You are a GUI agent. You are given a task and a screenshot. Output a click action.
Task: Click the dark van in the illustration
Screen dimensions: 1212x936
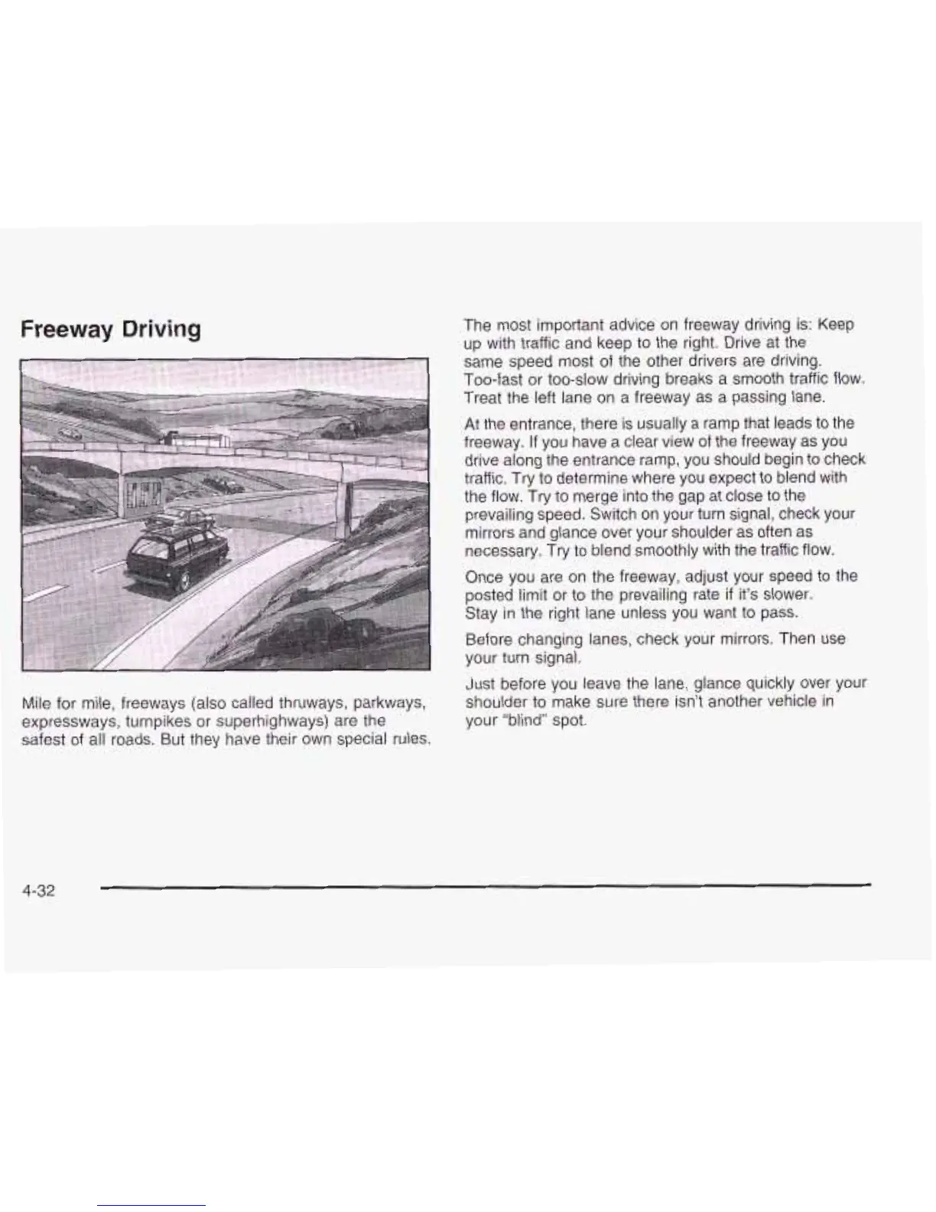coord(177,552)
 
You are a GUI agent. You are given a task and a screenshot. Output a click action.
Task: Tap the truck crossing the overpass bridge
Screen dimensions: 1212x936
coord(199,440)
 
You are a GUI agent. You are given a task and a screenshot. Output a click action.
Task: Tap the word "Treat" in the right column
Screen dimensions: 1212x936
coord(483,397)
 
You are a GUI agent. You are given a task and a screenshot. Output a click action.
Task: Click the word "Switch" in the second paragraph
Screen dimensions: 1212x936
coord(634,514)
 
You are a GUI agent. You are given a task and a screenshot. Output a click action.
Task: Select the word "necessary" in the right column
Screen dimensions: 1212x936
coord(496,551)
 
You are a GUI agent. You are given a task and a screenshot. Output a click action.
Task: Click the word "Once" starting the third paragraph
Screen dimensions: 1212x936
coord(483,576)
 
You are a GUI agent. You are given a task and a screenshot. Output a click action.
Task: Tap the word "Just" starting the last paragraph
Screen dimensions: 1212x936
coord(480,683)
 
